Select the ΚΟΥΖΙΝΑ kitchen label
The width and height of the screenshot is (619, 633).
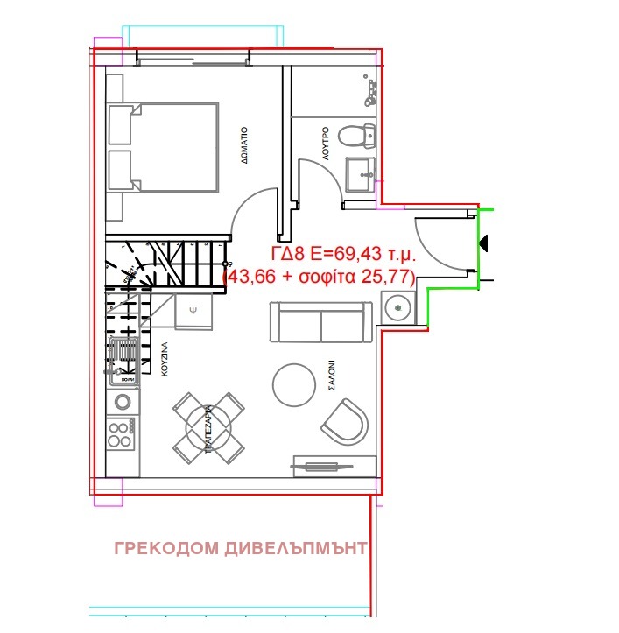click(164, 360)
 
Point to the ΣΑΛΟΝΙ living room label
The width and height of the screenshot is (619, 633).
click(333, 377)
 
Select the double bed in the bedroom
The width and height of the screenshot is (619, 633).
click(163, 147)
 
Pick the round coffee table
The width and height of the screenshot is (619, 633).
click(292, 383)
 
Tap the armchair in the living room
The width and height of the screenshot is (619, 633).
click(347, 422)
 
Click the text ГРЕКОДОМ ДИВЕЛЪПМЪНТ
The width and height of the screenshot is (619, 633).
click(240, 549)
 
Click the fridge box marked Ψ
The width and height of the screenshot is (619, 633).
click(193, 311)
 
